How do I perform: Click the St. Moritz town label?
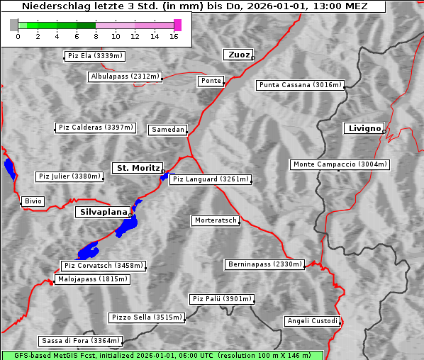point(138,168)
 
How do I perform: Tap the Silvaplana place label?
point(103,212)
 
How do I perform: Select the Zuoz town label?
point(237,55)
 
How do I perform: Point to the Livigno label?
point(364,128)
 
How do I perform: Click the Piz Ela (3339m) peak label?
point(94,56)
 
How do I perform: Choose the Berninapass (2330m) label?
point(264,264)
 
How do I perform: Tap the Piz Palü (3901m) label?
point(222,299)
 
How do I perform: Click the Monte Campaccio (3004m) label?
point(340,164)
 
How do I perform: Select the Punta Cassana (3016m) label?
point(300,85)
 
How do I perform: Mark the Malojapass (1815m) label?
point(93,279)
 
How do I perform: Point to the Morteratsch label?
point(215,220)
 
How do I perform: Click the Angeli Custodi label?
point(312,321)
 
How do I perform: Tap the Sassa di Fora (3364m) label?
point(80,340)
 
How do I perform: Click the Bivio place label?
point(33,201)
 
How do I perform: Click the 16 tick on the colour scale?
point(174,37)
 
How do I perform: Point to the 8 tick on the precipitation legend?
point(96,37)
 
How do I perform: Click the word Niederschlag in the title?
point(52,6)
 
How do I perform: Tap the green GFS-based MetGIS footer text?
point(162,355)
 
